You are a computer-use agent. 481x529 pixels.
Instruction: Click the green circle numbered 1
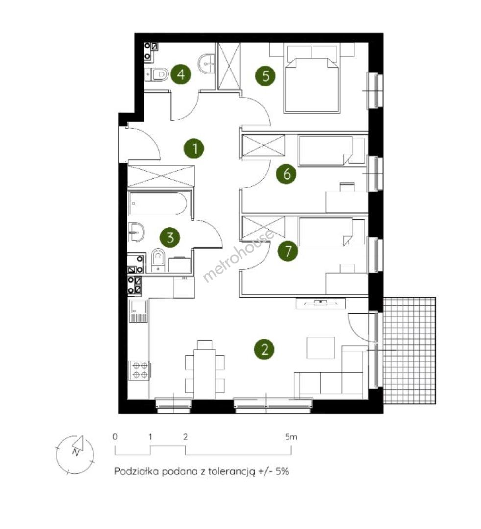tap(194, 148)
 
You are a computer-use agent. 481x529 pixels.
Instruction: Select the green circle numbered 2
tap(264, 349)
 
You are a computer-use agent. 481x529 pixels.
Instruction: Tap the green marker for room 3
tap(169, 238)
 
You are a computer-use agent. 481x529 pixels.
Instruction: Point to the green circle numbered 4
tap(180, 74)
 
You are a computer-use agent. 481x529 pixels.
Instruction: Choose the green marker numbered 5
tap(265, 75)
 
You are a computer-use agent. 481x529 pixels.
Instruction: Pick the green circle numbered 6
tap(286, 174)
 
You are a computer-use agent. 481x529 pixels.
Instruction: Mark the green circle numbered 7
tap(288, 251)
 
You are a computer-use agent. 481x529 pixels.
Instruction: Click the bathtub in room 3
tap(158, 204)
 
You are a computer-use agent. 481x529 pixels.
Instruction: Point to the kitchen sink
tap(139, 311)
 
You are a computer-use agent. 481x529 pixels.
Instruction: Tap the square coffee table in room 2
tap(320, 347)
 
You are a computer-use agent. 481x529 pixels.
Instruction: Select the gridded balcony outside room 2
tap(409, 351)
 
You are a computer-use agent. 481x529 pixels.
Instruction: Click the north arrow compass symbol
tap(75, 454)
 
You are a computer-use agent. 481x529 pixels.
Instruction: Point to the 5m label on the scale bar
tap(291, 437)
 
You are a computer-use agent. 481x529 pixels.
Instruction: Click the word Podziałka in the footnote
tap(137, 471)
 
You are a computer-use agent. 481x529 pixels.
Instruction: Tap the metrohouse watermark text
tap(238, 255)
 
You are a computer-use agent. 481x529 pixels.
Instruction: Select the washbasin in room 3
tap(137, 232)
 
